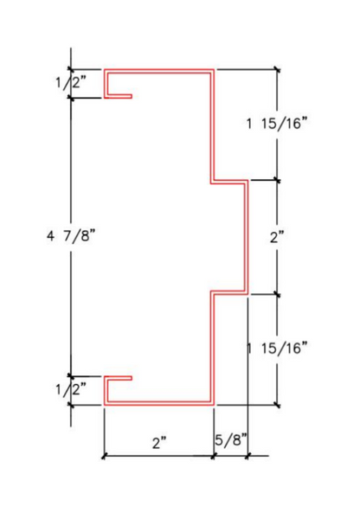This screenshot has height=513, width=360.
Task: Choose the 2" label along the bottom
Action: (158, 443)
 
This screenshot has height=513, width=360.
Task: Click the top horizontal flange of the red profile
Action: (160, 70)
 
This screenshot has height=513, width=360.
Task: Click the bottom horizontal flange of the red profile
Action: (160, 403)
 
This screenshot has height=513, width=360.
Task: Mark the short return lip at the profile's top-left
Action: (119, 96)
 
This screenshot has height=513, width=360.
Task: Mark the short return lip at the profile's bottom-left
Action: (119, 377)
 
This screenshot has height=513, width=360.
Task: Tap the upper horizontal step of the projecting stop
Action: (230, 182)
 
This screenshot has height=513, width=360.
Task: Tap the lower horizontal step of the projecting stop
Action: (230, 292)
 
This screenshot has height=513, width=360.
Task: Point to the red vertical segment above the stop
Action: (213, 126)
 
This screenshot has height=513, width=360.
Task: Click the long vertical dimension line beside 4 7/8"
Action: (71, 173)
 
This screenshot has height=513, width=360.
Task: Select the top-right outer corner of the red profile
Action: (214, 69)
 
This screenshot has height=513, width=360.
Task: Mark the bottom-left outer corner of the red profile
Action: (105, 404)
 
